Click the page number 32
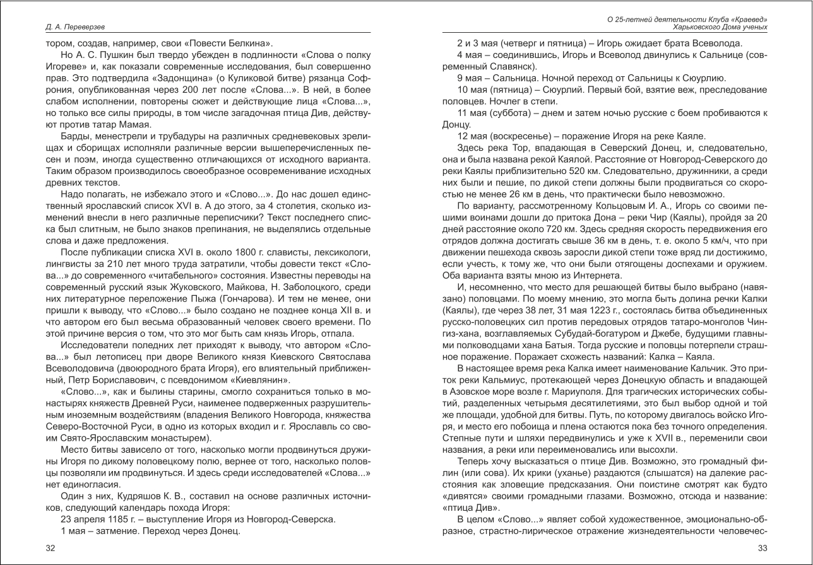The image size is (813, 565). pyautogui.click(x=50, y=548)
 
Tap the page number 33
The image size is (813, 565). pyautogui.click(x=763, y=548)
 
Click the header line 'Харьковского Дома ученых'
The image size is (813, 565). pyautogui.click(x=720, y=27)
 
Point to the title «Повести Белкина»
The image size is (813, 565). pyautogui.click(x=234, y=44)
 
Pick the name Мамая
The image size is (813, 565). pyautogui.click(x=138, y=124)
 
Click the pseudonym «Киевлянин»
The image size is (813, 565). pyautogui.click(x=256, y=380)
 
